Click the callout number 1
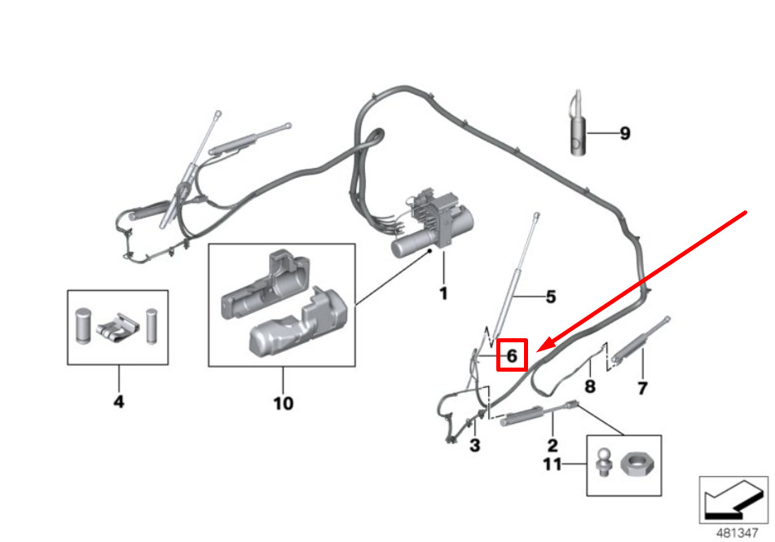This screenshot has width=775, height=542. click(443, 293)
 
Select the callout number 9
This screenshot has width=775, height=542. click(625, 134)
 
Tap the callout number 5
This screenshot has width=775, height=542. click(551, 297)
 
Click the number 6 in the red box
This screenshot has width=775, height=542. click(512, 355)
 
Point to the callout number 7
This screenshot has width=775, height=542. click(642, 388)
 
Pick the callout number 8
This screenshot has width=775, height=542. click(590, 386)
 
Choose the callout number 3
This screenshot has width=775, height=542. click(474, 446)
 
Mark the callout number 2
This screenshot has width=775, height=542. click(552, 446)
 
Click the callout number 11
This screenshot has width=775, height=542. click(552, 465)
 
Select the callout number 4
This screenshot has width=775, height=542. click(119, 402)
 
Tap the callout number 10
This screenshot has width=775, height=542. click(284, 403)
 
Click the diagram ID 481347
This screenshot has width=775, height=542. click(737, 533)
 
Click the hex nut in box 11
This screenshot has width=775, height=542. click(636, 465)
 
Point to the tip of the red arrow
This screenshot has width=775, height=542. click(536, 351)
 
